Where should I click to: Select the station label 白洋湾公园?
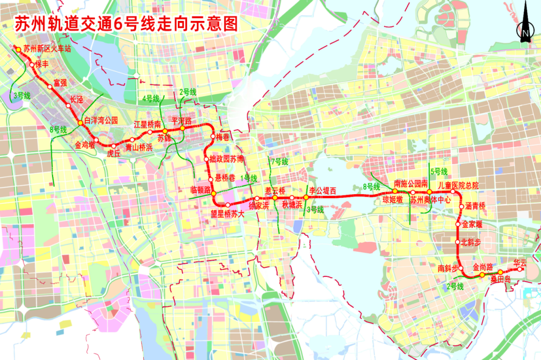coord(101,120)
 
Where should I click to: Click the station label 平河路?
coord(182,121)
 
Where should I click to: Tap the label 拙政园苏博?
coord(227,159)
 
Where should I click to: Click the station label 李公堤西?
coord(322,190)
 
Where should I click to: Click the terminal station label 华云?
coord(520,263)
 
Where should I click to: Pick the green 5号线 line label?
coord(439,172)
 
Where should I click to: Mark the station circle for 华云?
coord(520,269)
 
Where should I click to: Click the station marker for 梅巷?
coord(212,137)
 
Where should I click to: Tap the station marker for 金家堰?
coord(458,224)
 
